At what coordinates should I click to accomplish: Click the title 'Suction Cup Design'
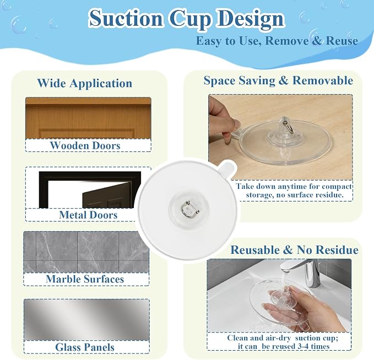(187, 19)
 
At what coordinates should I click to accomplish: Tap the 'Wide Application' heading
(85, 83)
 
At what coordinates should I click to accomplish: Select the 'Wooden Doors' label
(85, 145)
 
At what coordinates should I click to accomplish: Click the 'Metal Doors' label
(88, 215)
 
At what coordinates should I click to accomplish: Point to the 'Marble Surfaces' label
(85, 279)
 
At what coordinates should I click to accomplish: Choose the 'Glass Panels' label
(85, 347)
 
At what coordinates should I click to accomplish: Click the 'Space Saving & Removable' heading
(278, 80)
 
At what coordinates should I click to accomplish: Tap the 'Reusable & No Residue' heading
(294, 250)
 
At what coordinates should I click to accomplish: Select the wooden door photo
(88, 118)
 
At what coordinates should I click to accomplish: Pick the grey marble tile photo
(86, 252)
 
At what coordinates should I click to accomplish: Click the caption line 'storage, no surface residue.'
(295, 195)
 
